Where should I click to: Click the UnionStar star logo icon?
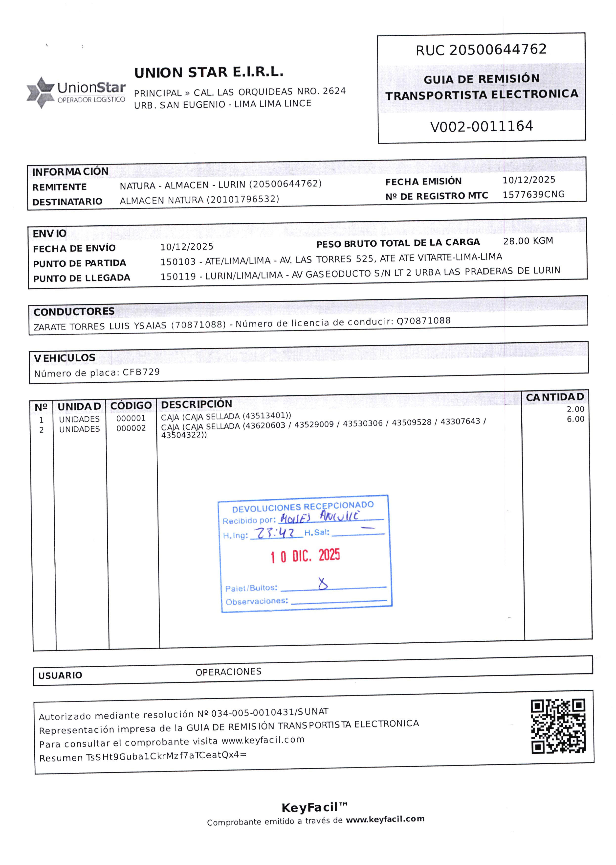[40, 92]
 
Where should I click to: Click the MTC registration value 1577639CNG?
[533, 194]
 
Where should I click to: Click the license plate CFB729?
[141, 372]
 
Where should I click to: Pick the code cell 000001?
[131, 418]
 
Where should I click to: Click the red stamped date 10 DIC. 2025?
[305, 556]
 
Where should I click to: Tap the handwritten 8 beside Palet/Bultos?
[323, 583]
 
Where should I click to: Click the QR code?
[558, 726]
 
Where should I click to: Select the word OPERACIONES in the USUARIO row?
[228, 672]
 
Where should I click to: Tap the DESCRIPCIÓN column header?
[197, 404]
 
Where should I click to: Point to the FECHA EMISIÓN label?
[423, 181]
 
